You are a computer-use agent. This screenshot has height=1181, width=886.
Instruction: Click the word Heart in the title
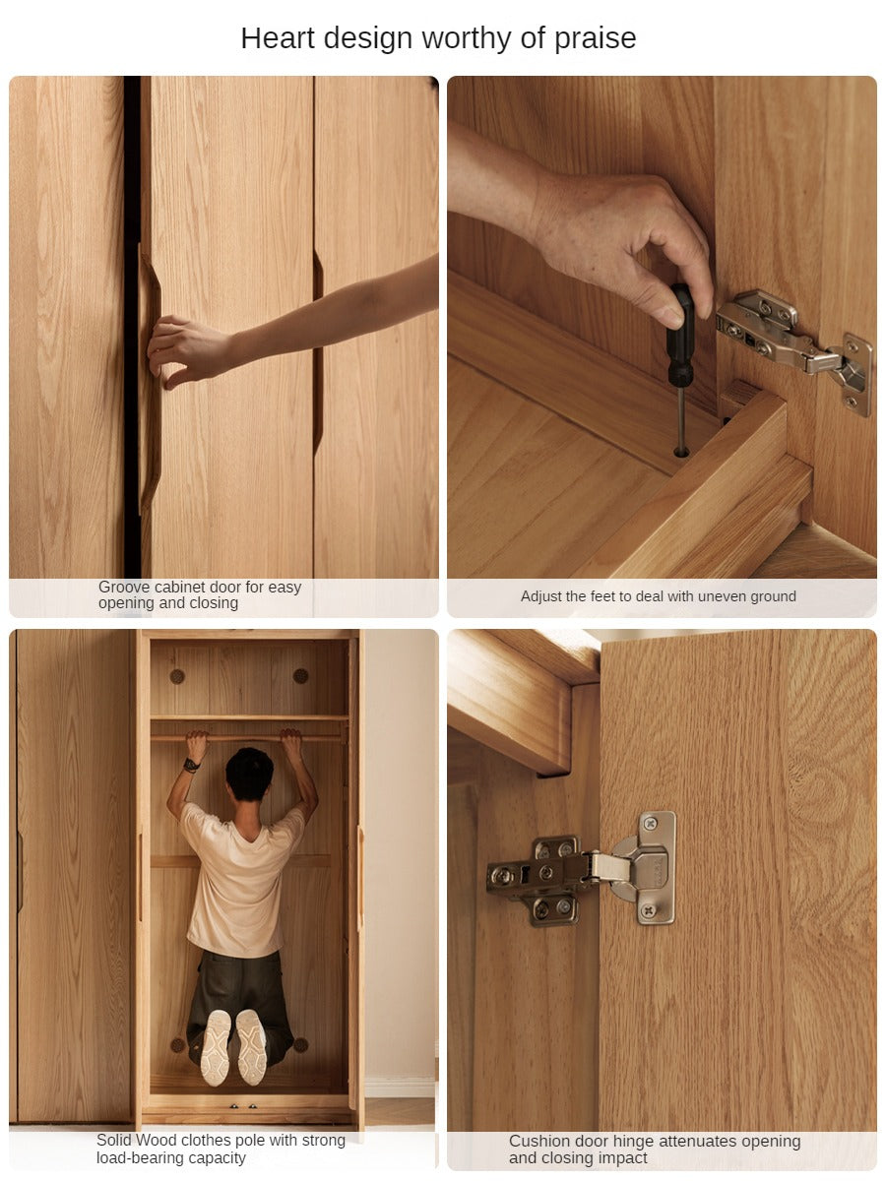pyautogui.click(x=278, y=38)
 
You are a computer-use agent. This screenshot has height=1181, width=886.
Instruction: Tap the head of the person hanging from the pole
pyautogui.click(x=249, y=775)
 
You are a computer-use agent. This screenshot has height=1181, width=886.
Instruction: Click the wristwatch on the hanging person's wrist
pyautogui.click(x=191, y=765)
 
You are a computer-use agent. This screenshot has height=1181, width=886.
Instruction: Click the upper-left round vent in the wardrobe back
pyautogui.click(x=177, y=676)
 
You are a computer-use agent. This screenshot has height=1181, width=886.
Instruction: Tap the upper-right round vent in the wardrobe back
pyautogui.click(x=300, y=676)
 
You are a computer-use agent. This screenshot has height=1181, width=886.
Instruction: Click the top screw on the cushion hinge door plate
pyautogui.click(x=651, y=823)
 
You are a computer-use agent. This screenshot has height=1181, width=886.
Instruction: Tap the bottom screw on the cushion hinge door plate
pyautogui.click(x=649, y=910)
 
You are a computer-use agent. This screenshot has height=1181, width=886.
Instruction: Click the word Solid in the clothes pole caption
pyautogui.click(x=114, y=1140)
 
